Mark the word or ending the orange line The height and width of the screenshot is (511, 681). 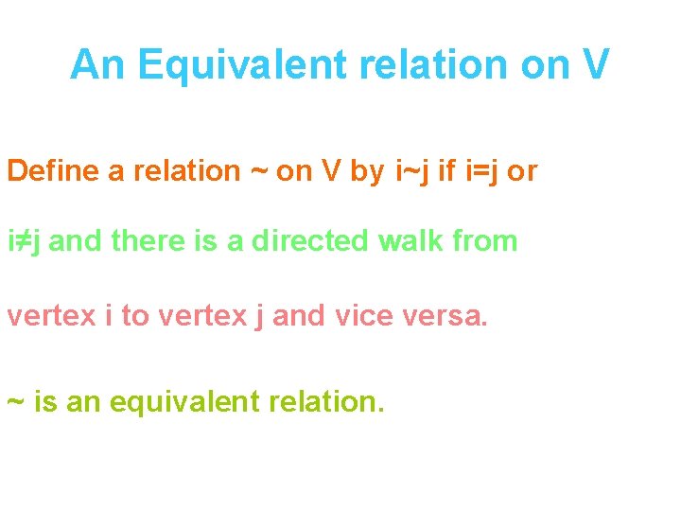pos(522,171)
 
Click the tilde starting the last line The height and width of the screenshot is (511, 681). pos(15,402)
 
